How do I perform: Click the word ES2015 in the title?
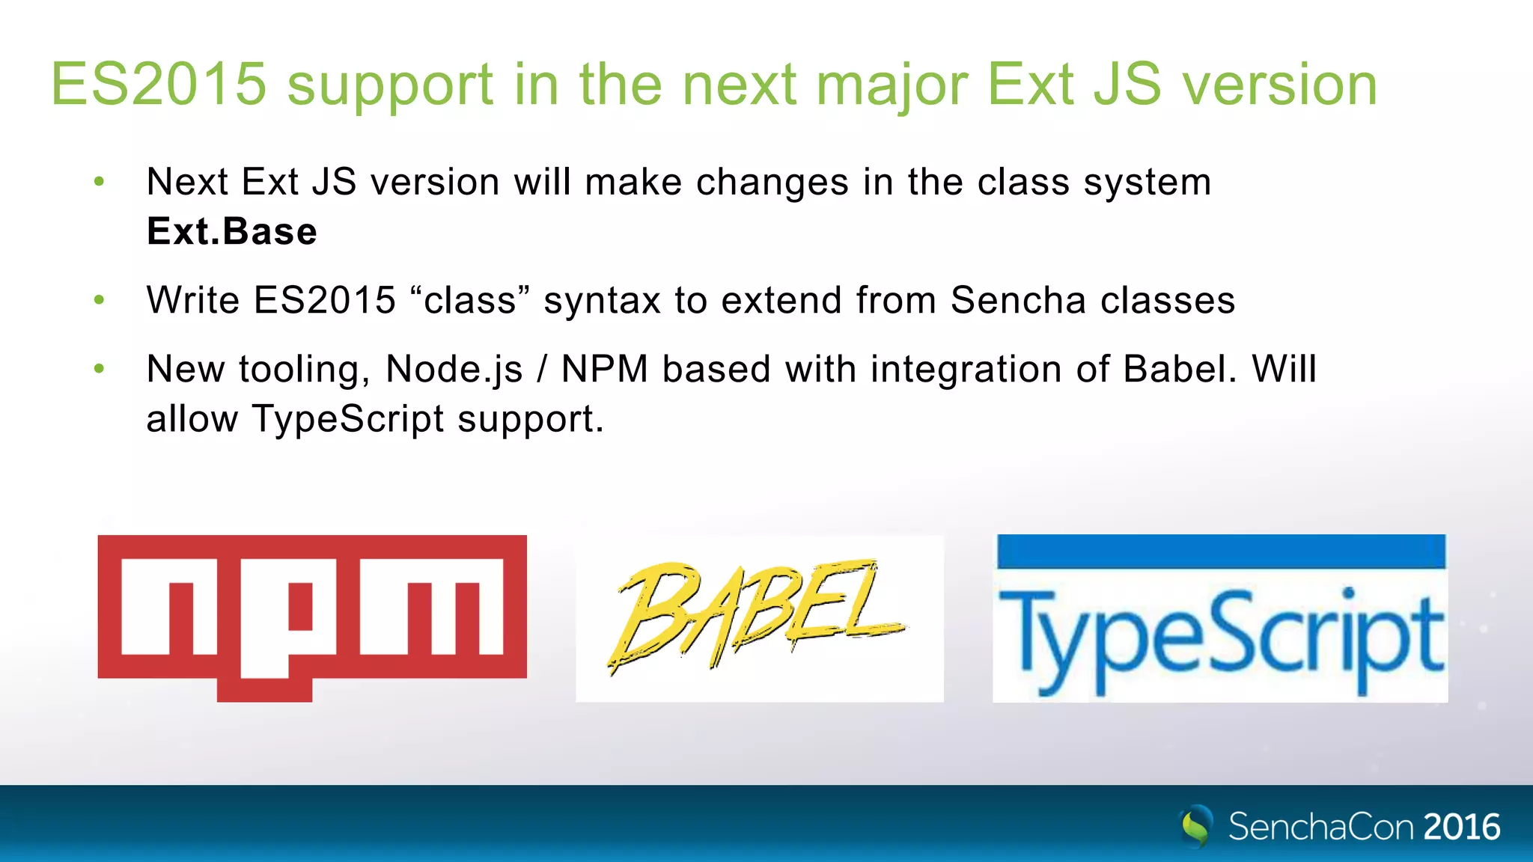159,84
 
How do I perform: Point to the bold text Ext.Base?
232,231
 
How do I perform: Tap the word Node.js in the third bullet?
454,369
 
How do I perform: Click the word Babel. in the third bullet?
1180,369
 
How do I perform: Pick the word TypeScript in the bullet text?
348,419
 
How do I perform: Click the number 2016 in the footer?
1462,827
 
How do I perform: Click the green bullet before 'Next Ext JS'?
100,181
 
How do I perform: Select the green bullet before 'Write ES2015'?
100,300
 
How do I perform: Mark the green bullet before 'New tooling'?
100,368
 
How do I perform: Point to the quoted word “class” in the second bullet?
470,300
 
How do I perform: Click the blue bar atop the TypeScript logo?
1221,551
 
